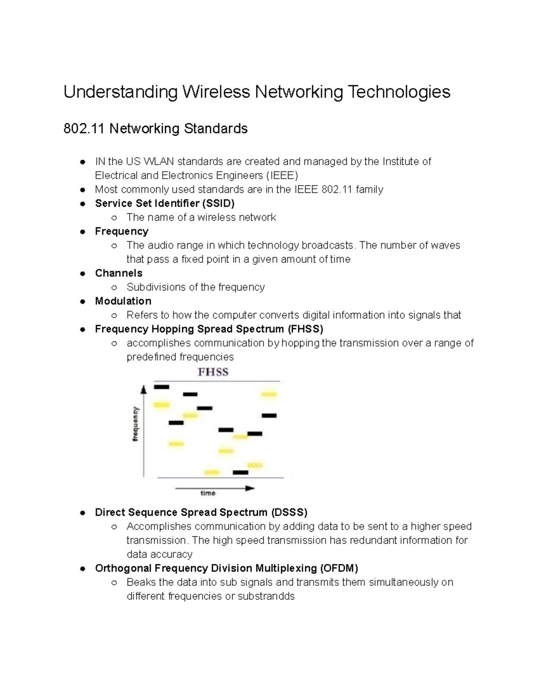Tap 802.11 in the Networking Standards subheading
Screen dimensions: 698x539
tap(84, 129)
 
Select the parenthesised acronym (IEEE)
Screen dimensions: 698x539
tap(282, 175)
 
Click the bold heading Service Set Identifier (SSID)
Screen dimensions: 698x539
tap(165, 203)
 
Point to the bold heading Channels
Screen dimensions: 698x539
tap(119, 273)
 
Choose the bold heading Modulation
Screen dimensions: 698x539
tap(123, 301)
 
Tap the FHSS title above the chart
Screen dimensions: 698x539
tap(213, 372)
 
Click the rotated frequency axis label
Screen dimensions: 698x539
tap(136, 424)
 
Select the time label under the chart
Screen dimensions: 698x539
tap(208, 493)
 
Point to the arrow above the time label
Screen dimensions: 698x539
tap(215, 488)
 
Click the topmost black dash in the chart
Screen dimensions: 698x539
tap(162, 387)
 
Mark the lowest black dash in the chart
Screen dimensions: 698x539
tap(240, 472)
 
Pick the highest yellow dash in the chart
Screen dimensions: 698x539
tap(269, 394)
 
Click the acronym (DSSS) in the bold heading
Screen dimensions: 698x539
tap(289, 512)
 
